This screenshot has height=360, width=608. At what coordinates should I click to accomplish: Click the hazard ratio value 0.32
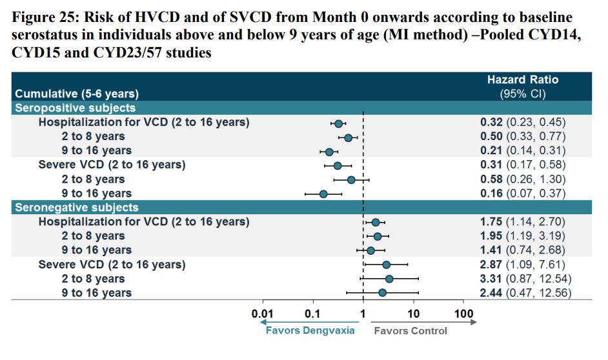click(x=492, y=122)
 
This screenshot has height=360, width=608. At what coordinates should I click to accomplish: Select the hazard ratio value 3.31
click(x=492, y=279)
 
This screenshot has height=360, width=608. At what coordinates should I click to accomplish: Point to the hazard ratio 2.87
click(x=492, y=265)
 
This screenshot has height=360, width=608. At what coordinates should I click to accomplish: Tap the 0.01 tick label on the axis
click(x=263, y=314)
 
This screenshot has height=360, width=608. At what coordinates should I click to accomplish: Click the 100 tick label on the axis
click(x=463, y=314)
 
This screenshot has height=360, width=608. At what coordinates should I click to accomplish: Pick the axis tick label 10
click(x=414, y=314)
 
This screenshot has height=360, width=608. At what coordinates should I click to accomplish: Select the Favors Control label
click(x=410, y=331)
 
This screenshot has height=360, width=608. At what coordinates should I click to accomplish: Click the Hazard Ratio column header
click(x=522, y=80)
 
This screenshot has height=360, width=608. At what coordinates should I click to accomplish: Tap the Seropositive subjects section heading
click(x=76, y=108)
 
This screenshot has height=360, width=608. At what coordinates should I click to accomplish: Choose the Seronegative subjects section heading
click(x=77, y=207)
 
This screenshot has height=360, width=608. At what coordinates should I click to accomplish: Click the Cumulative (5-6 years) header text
click(x=77, y=94)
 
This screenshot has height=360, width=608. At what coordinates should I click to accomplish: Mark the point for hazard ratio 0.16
click(x=323, y=194)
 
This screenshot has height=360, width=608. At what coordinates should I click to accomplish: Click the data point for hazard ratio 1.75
click(x=376, y=222)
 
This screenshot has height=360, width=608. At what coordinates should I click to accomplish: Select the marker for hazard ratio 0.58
click(x=351, y=179)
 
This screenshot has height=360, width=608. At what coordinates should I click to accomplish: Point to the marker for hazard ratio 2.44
click(x=383, y=293)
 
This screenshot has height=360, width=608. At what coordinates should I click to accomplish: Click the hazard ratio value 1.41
click(x=492, y=250)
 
